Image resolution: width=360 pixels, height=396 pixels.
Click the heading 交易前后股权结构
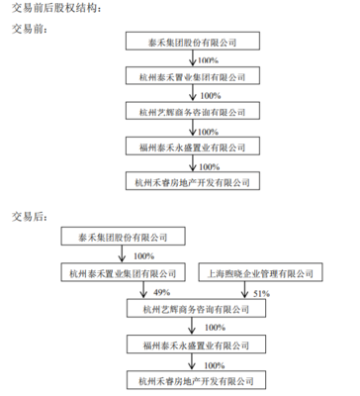coord(55,8)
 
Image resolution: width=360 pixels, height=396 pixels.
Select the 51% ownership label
coord(262,293)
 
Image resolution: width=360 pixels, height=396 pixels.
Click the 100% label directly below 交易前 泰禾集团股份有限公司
coord(210,60)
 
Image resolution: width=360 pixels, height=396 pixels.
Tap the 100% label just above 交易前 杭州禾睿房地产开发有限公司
coord(210,165)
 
